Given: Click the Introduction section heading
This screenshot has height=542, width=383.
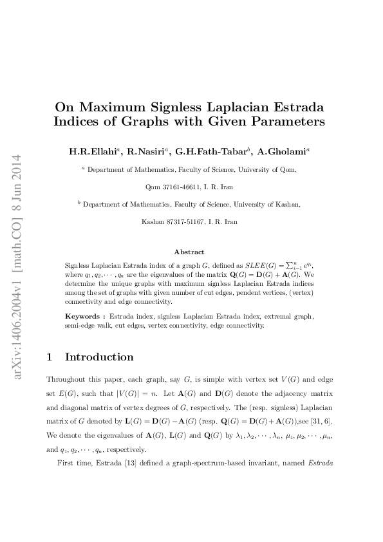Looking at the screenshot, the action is (99, 357).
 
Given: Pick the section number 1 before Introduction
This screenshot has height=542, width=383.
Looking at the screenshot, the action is (51, 357).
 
